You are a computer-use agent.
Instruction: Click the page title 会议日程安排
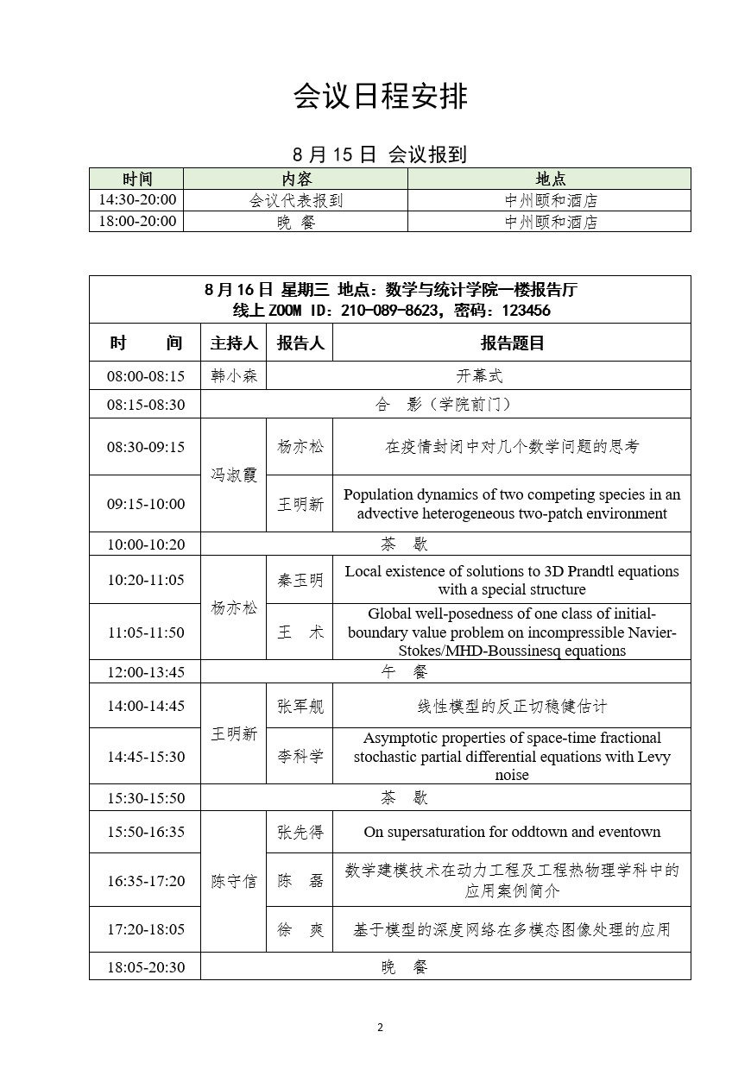[x=380, y=97]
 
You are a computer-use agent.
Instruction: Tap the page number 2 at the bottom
[x=380, y=1027]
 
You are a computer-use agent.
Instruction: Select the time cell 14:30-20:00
[x=136, y=200]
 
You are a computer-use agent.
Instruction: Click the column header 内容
[x=296, y=179]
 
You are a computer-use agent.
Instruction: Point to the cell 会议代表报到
[x=296, y=200]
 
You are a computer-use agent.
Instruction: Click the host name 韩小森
[x=234, y=376]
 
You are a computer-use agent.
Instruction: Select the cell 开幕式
[x=479, y=376]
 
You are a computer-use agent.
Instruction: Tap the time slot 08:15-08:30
[x=145, y=404]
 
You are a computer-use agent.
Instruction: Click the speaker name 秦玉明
[x=300, y=580]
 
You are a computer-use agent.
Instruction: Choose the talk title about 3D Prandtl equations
[x=512, y=580]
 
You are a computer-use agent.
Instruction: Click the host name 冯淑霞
[x=234, y=475]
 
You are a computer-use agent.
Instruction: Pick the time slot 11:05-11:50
[x=145, y=632]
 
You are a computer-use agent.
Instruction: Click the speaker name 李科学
[x=300, y=757]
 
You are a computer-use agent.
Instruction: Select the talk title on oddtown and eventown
[x=512, y=833]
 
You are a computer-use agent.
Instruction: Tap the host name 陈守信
[x=234, y=881]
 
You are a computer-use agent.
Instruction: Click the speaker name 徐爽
[x=300, y=930]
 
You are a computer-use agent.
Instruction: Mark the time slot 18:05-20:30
[x=145, y=966]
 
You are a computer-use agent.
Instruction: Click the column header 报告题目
[x=512, y=343]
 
